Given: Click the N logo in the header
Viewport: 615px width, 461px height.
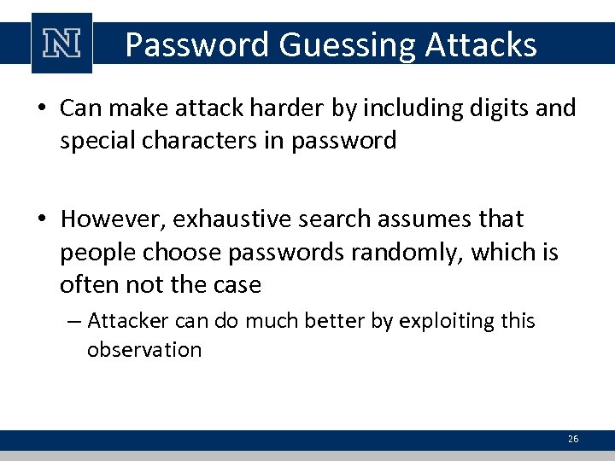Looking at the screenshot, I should pyautogui.click(x=61, y=44).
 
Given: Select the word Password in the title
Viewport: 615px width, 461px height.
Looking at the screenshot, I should pyautogui.click(x=197, y=44).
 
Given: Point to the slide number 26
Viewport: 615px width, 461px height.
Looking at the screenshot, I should pyautogui.click(x=572, y=439).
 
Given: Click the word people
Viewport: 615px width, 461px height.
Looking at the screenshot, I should pyautogui.click(x=97, y=252).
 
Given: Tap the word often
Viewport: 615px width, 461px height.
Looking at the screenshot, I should pyautogui.click(x=84, y=283).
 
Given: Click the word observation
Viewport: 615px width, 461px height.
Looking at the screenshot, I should pyautogui.click(x=144, y=349).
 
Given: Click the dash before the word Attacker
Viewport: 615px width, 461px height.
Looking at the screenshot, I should pyautogui.click(x=73, y=322).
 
